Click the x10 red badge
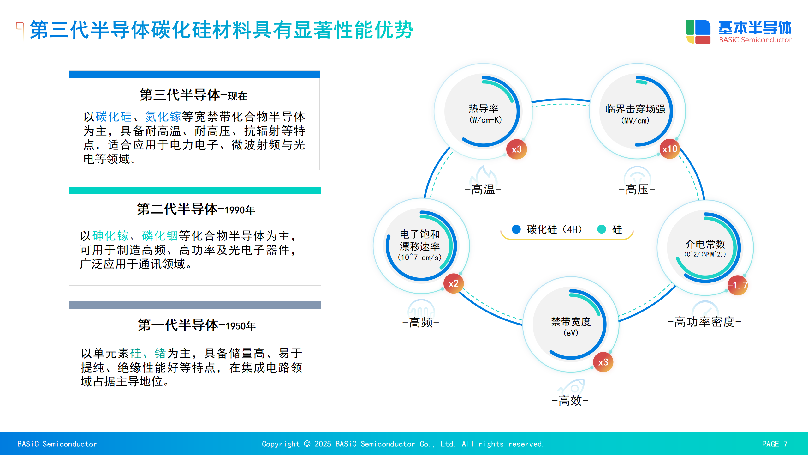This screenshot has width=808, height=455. point(669,149)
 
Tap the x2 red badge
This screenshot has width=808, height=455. point(454,283)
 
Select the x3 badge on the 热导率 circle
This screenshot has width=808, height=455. point(517,149)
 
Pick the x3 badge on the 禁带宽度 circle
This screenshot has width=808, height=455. point(603,362)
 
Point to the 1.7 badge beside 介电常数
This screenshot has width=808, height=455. point(738,285)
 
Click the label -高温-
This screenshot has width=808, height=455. point(483,190)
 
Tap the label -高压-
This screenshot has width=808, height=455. point(637,190)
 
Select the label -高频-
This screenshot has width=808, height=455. point(421,323)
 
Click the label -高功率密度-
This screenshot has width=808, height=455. point(704,322)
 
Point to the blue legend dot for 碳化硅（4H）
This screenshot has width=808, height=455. point(516,229)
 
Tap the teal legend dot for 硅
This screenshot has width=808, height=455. point(602,229)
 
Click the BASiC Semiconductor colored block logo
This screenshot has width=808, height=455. point(698,31)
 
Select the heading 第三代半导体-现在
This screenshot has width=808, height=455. point(193,95)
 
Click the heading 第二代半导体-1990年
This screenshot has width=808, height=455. point(196,209)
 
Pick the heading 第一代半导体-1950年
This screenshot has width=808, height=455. point(197,325)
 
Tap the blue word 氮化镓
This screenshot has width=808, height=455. point(163,117)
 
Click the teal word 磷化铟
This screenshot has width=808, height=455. point(160,236)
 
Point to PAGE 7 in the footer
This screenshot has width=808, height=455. point(775,444)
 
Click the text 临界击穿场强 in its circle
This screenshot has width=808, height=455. point(635,109)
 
